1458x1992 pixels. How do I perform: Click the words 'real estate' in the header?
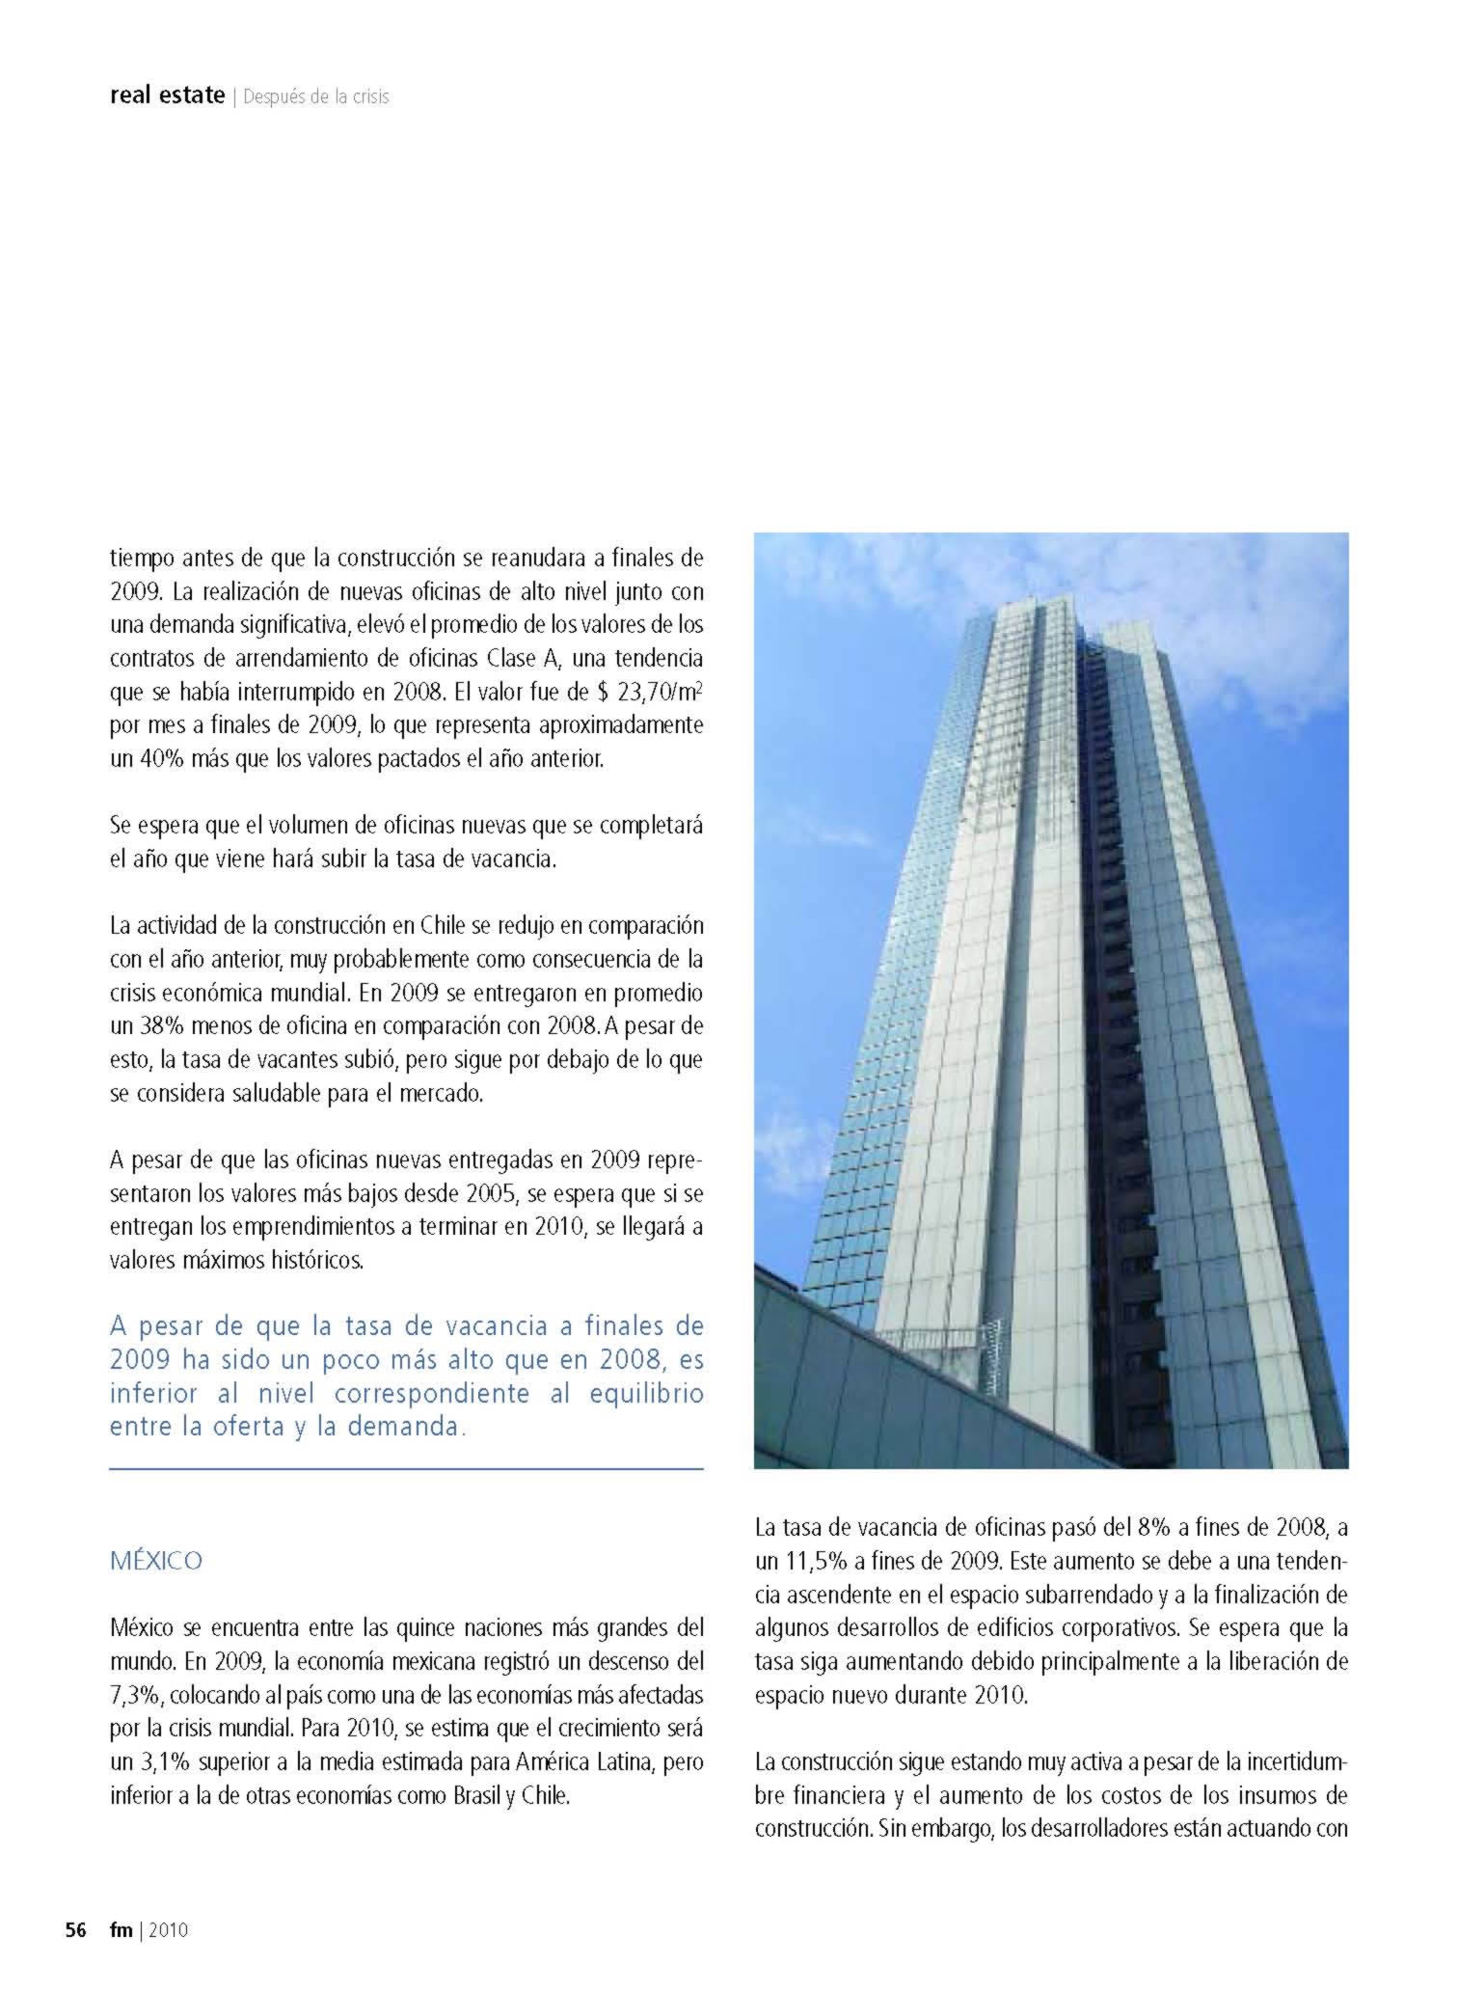(x=167, y=96)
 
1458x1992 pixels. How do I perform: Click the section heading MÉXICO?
(x=156, y=1561)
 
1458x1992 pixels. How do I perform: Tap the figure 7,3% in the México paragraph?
(x=136, y=1695)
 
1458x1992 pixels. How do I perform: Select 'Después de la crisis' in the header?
(x=316, y=96)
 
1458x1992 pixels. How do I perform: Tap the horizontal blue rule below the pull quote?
(x=406, y=1469)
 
